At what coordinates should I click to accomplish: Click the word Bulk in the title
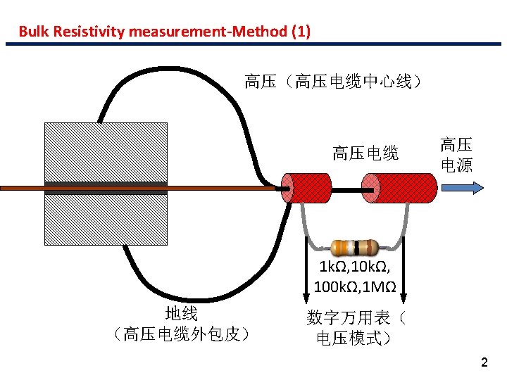click(32, 31)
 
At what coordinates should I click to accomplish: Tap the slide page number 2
click(483, 363)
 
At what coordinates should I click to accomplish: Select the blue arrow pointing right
click(462, 188)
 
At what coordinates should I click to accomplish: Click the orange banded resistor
click(356, 247)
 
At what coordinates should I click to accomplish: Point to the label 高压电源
click(456, 156)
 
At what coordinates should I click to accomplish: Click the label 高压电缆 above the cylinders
click(365, 153)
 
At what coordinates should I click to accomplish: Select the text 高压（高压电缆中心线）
click(332, 82)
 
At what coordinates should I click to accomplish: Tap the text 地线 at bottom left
click(181, 314)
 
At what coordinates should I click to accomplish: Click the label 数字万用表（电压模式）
click(356, 328)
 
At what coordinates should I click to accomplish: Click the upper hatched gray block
click(106, 152)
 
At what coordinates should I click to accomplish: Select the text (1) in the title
click(299, 31)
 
